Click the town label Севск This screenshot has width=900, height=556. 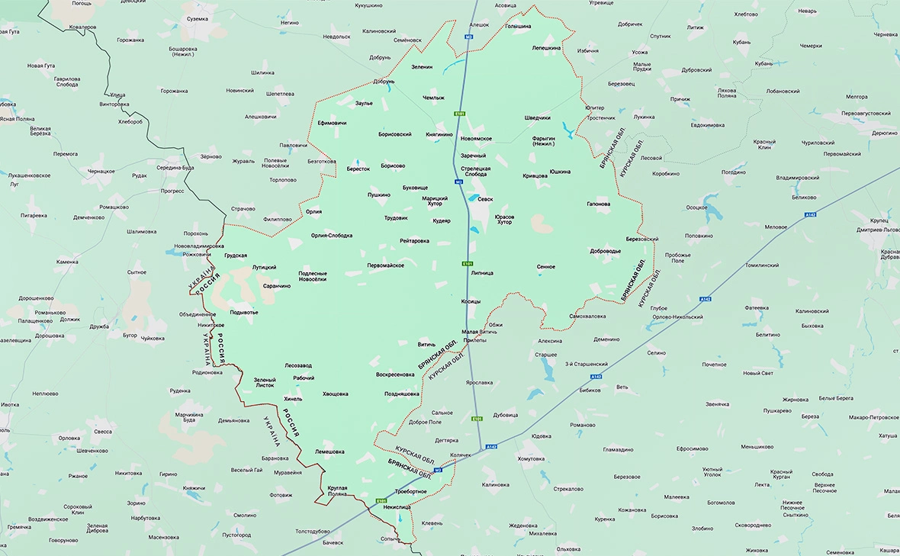pyautogui.click(x=485, y=199)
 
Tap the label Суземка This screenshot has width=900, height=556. pyautogui.click(x=197, y=18)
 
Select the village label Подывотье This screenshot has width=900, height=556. pyautogui.click(x=244, y=312)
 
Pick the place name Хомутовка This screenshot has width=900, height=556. pyautogui.click(x=531, y=458)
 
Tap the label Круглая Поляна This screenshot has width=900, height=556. pyautogui.click(x=337, y=490)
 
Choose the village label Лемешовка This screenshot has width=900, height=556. pyautogui.click(x=329, y=452)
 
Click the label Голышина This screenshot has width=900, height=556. pyautogui.click(x=519, y=26)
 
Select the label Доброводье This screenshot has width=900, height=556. pyautogui.click(x=606, y=251)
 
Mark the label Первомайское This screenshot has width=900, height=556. pyautogui.click(x=385, y=265)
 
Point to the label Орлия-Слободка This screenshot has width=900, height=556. pyautogui.click(x=332, y=236)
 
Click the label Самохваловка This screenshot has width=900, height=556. pyautogui.click(x=587, y=316)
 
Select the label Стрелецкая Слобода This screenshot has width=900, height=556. pyautogui.click(x=476, y=171)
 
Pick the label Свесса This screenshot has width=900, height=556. pyautogui.click(x=103, y=432)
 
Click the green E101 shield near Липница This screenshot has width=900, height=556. pyautogui.click(x=468, y=264)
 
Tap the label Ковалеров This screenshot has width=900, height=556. pyautogui.click(x=82, y=27)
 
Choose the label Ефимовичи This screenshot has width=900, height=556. pyautogui.click(x=332, y=123)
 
